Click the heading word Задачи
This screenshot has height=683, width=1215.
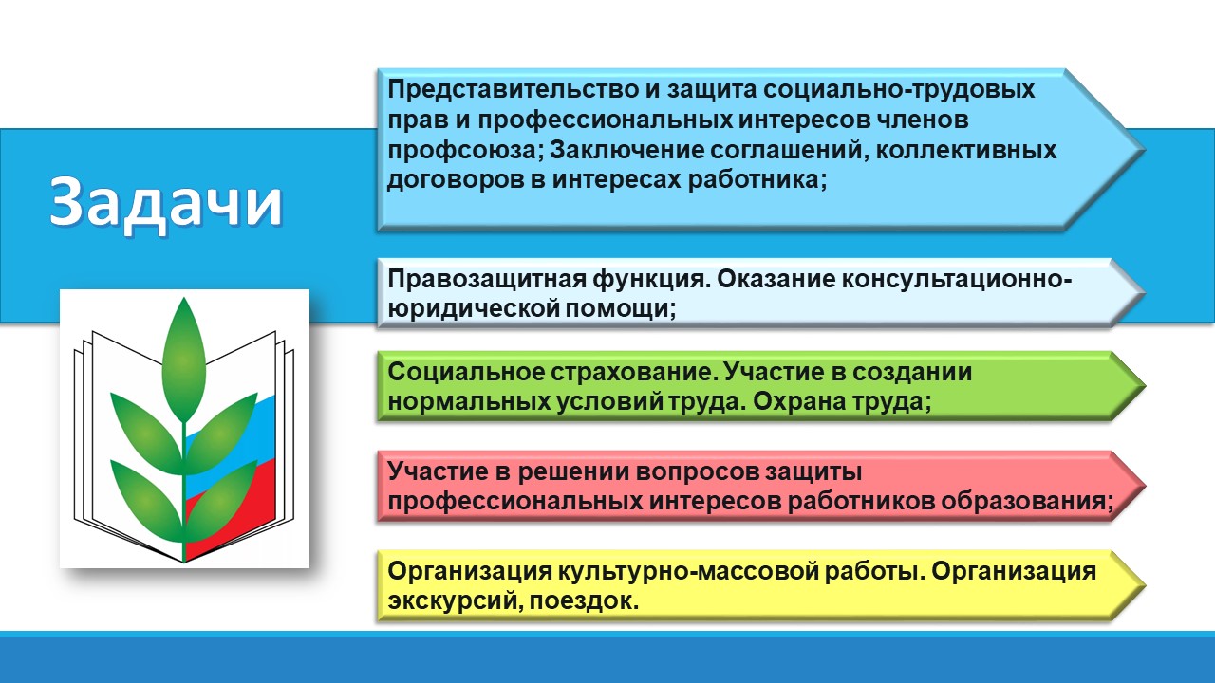pyautogui.click(x=166, y=201)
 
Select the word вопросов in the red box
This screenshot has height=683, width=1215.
pyautogui.click(x=682, y=471)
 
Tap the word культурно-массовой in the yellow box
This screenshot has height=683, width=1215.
pyautogui.click(x=654, y=572)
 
